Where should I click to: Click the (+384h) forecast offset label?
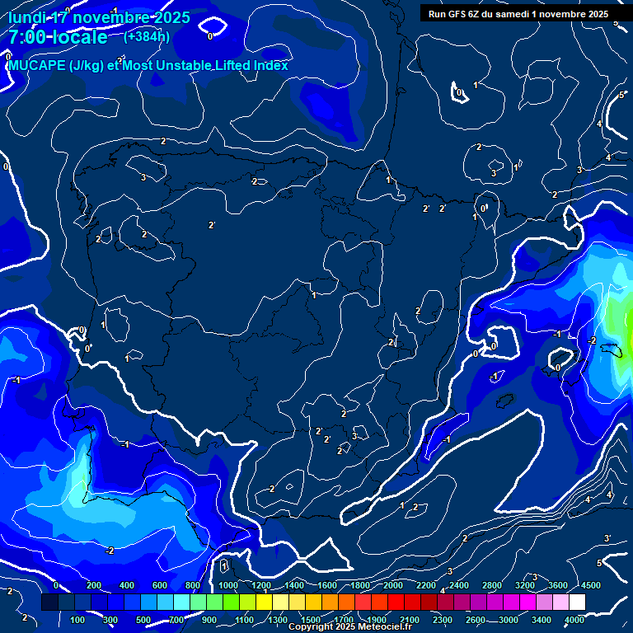click(147, 36)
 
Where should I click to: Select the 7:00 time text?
click(29, 37)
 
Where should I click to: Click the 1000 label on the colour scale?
click(228, 585)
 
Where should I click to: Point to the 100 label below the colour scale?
click(78, 620)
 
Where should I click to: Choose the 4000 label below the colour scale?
click(574, 620)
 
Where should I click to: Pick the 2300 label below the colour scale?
click(443, 620)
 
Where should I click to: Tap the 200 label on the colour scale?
click(94, 585)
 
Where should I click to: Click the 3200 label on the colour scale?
click(525, 585)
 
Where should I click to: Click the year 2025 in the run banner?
click(593, 14)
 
